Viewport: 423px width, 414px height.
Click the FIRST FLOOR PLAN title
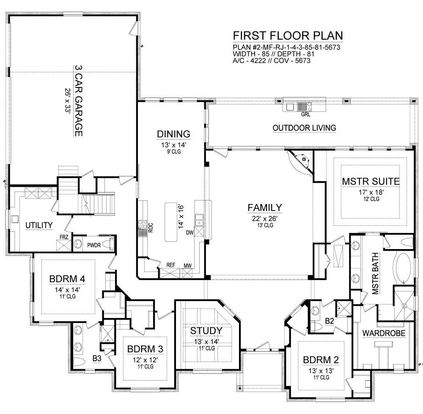tap(288, 36)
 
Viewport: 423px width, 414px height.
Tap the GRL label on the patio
tap(306, 114)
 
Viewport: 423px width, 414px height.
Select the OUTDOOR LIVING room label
tap(304, 128)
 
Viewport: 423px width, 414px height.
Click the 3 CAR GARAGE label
tap(79, 101)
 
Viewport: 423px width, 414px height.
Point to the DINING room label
tap(173, 134)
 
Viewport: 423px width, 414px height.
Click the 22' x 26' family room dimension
tap(265, 219)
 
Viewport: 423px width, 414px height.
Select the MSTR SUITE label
tap(371, 181)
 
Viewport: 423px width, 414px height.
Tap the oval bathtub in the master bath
tap(403, 268)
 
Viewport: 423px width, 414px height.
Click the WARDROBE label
tap(384, 333)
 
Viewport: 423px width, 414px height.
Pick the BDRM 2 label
tap(321, 360)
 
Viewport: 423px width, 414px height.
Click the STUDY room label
tap(206, 331)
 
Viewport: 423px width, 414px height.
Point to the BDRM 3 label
tap(145, 349)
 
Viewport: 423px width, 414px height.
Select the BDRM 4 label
tap(67, 279)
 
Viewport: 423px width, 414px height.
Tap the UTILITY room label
tap(39, 225)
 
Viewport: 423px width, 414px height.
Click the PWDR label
tap(94, 245)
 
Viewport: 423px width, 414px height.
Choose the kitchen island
tap(171, 222)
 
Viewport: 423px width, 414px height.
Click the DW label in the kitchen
tap(190, 233)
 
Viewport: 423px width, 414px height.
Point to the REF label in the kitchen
tap(171, 265)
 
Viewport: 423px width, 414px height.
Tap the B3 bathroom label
tap(97, 359)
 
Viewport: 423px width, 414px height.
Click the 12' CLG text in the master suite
tap(371, 199)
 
